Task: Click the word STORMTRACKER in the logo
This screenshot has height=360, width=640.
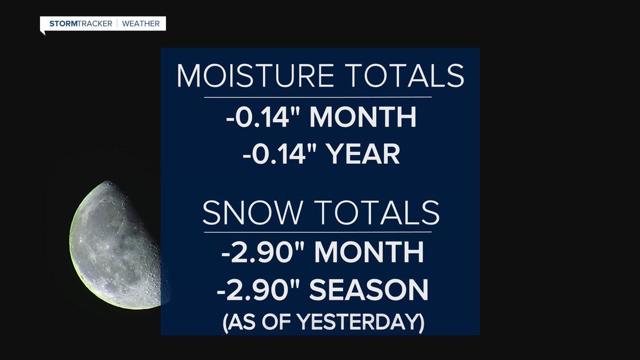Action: pyautogui.click(x=82, y=23)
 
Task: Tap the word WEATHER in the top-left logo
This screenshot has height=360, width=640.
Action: pyautogui.click(x=141, y=23)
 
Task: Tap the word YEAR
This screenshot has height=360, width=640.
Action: pyautogui.click(x=363, y=155)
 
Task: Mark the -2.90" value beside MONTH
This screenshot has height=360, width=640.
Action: pyautogui.click(x=258, y=252)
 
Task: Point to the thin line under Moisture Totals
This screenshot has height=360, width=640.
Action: pyautogui.click(x=318, y=97)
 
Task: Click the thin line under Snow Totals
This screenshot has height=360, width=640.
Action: pyautogui.click(x=318, y=232)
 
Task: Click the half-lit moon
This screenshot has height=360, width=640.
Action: pyautogui.click(x=115, y=245)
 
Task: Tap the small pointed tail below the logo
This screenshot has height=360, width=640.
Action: pyautogui.click(x=43, y=33)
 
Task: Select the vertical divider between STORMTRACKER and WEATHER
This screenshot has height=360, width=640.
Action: pyautogui.click(x=118, y=23)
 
